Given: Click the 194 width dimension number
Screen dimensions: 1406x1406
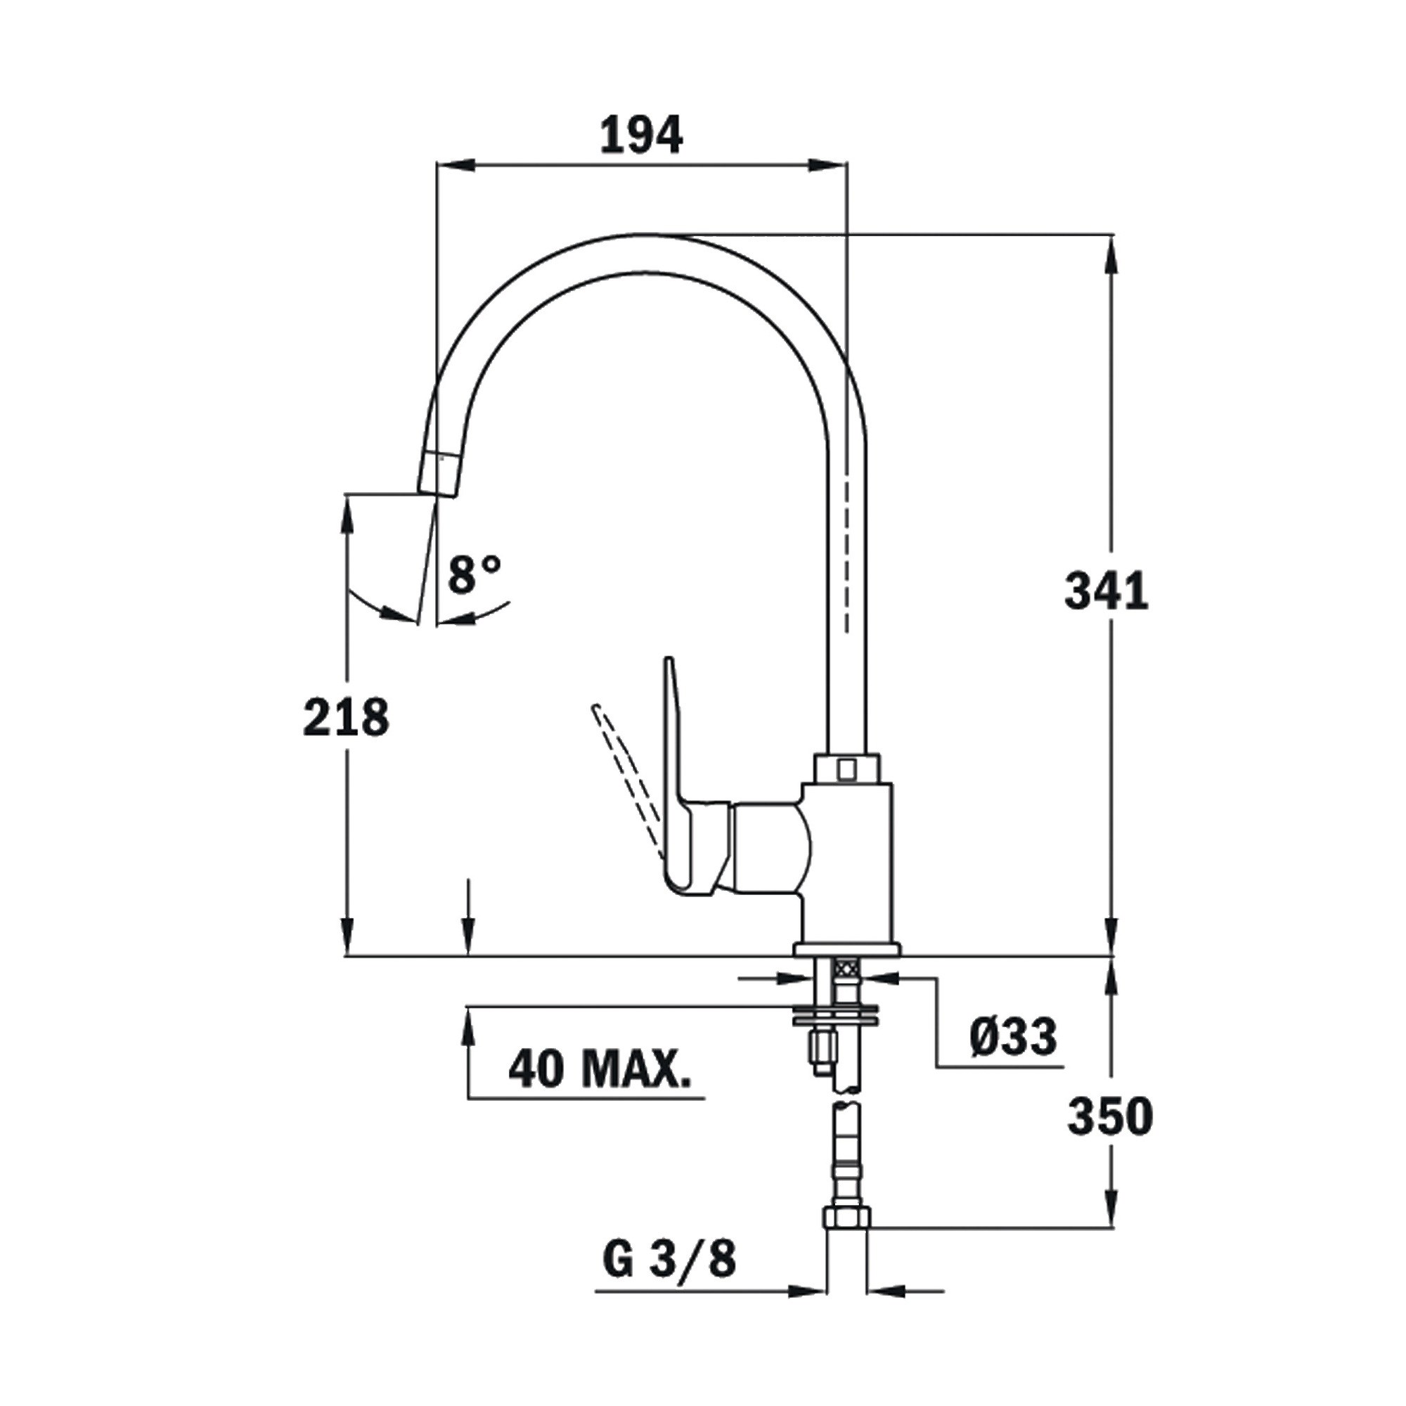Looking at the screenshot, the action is coord(641,135).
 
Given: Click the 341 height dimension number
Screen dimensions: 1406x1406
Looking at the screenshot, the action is coord(1106,591).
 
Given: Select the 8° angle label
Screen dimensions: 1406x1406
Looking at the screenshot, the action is coord(475,574).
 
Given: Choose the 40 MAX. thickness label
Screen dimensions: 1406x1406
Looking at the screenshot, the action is coord(599,1070).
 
